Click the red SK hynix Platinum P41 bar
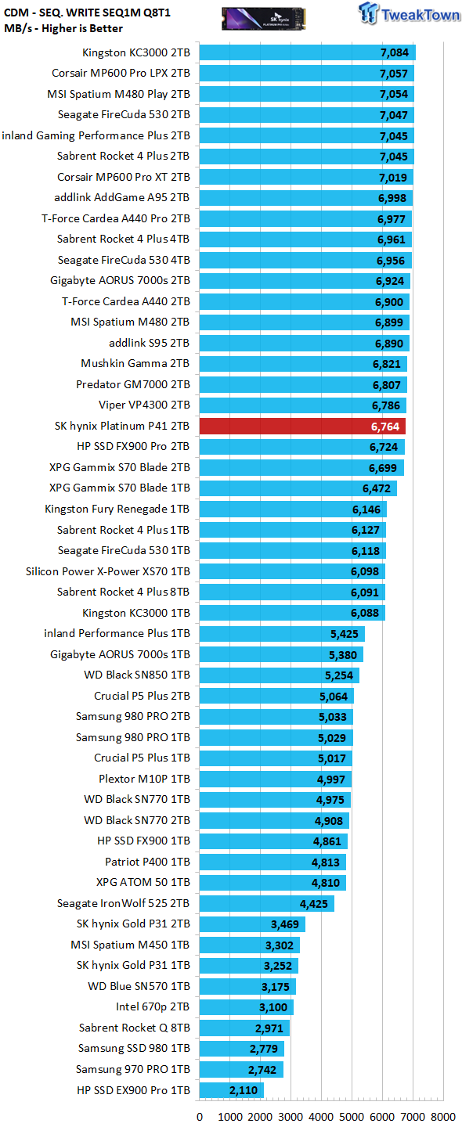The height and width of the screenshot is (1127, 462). (302, 426)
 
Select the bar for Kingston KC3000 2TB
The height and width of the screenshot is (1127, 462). (308, 52)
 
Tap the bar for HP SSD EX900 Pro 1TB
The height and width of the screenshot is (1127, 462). (232, 1089)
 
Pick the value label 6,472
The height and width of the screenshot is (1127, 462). (377, 488)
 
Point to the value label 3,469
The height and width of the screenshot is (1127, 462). (285, 924)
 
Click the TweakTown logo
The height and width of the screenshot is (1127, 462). (410, 13)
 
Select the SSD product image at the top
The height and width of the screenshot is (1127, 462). (264, 19)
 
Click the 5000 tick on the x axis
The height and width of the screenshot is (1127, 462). (352, 1116)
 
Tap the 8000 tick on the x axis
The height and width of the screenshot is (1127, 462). (443, 1116)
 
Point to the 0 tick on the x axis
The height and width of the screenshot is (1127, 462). (200, 1116)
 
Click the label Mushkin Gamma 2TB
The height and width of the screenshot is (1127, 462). (135, 363)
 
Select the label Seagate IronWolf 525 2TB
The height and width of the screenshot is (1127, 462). (123, 903)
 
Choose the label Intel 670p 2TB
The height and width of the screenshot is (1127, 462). (153, 1006)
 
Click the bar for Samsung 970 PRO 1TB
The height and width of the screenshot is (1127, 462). (241, 1069)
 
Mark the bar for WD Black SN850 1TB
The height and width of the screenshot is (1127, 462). (280, 675)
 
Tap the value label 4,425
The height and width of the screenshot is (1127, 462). (313, 904)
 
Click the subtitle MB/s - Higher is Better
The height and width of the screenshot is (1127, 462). (63, 29)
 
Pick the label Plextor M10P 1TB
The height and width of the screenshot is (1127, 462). (144, 779)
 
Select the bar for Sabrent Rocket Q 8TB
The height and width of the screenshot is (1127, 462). (244, 1028)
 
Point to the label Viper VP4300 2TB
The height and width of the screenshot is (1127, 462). (144, 405)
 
